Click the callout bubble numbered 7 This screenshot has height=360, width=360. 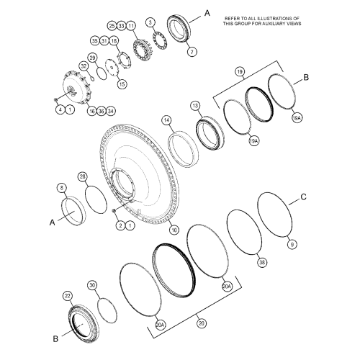[x=191, y=53]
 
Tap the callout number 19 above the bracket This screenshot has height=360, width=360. [x=240, y=71]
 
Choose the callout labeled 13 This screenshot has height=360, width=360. [x=194, y=106]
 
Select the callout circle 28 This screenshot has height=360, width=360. [x=82, y=176]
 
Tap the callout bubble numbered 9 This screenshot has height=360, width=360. [x=292, y=244]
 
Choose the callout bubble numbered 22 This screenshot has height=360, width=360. [x=68, y=296]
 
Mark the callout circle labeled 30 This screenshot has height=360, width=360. [x=92, y=285]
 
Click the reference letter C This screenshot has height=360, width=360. [x=303, y=195]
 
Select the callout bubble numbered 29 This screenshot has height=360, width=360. [x=92, y=57]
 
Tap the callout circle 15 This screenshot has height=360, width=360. [x=121, y=84]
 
